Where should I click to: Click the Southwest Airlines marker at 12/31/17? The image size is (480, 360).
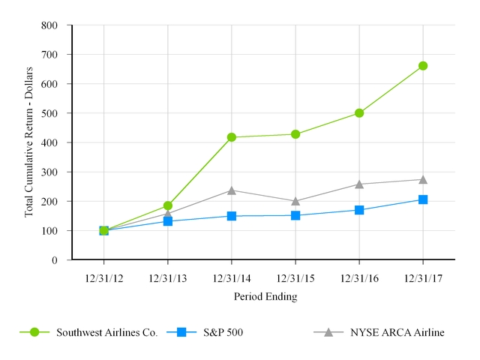point(423,66)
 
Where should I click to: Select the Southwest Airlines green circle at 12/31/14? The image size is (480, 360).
point(232,137)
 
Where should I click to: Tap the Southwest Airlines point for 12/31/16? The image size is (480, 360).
point(359,113)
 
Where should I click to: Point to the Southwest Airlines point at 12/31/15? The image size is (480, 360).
point(295,134)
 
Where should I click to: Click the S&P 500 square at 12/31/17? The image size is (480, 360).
point(423,199)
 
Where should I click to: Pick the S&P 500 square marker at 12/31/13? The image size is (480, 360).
point(168,221)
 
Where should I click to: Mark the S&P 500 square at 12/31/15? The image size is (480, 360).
point(295,215)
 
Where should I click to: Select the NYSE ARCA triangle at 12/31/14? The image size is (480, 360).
point(232,190)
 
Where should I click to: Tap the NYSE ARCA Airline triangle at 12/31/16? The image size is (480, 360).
point(359,184)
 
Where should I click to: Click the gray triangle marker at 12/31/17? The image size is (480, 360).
point(423,179)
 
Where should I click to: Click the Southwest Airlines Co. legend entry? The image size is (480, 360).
point(106,332)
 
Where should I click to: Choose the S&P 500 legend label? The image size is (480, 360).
point(221,332)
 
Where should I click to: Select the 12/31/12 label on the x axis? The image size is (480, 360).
point(103,279)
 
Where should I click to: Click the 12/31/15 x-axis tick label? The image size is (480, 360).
point(295,279)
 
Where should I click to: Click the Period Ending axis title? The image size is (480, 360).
point(265,297)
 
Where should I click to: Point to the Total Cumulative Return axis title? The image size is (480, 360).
point(30,142)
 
